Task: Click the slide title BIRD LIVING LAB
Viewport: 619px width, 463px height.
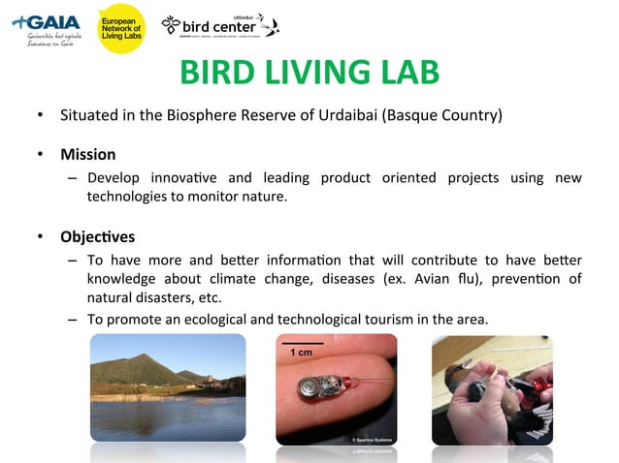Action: click(309, 73)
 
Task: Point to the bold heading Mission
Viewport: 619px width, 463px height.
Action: click(87, 154)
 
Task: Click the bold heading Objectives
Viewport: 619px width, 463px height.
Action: click(97, 236)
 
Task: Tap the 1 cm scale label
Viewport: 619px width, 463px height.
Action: click(302, 353)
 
